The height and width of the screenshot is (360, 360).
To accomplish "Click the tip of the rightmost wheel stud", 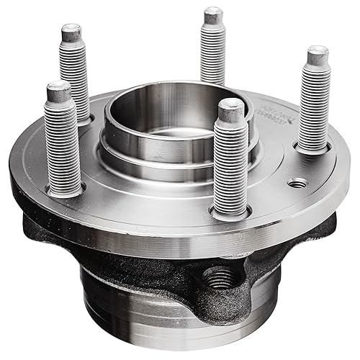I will pos(318,55).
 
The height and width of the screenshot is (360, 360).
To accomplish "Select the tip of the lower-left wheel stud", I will pos(58,90).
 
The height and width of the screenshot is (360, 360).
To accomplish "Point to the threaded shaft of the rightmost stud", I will pos(313,104).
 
